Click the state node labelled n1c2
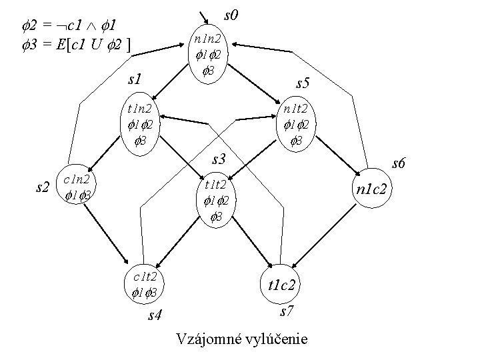click(375, 189)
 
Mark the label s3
click(220, 160)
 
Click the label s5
click(303, 83)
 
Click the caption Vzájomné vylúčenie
click(241, 339)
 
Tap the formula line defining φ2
click(63, 27)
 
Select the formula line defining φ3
click(75, 44)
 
